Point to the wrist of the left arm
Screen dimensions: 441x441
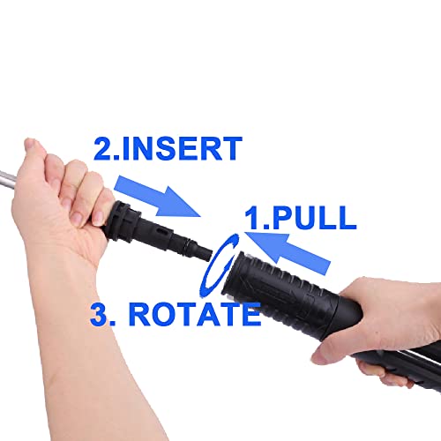pyautogui.click(x=71, y=265)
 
